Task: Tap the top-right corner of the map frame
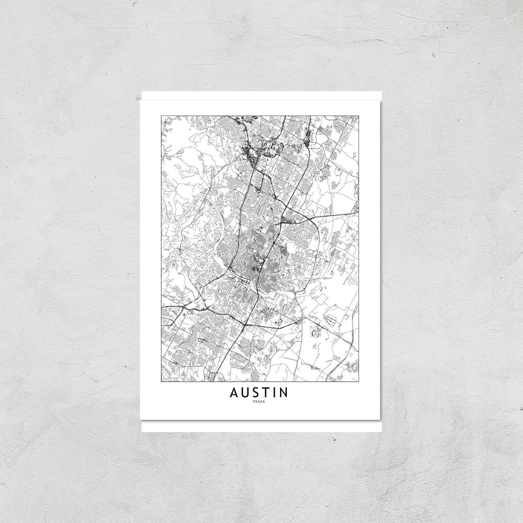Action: [x=359, y=115]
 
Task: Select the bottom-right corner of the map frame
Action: [x=359, y=381]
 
